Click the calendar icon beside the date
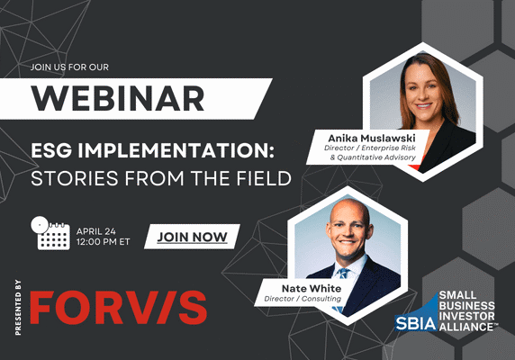pyautogui.click(x=50, y=233)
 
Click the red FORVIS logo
pyautogui.click(x=118, y=306)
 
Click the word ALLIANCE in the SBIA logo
pyautogui.click(x=468, y=328)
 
